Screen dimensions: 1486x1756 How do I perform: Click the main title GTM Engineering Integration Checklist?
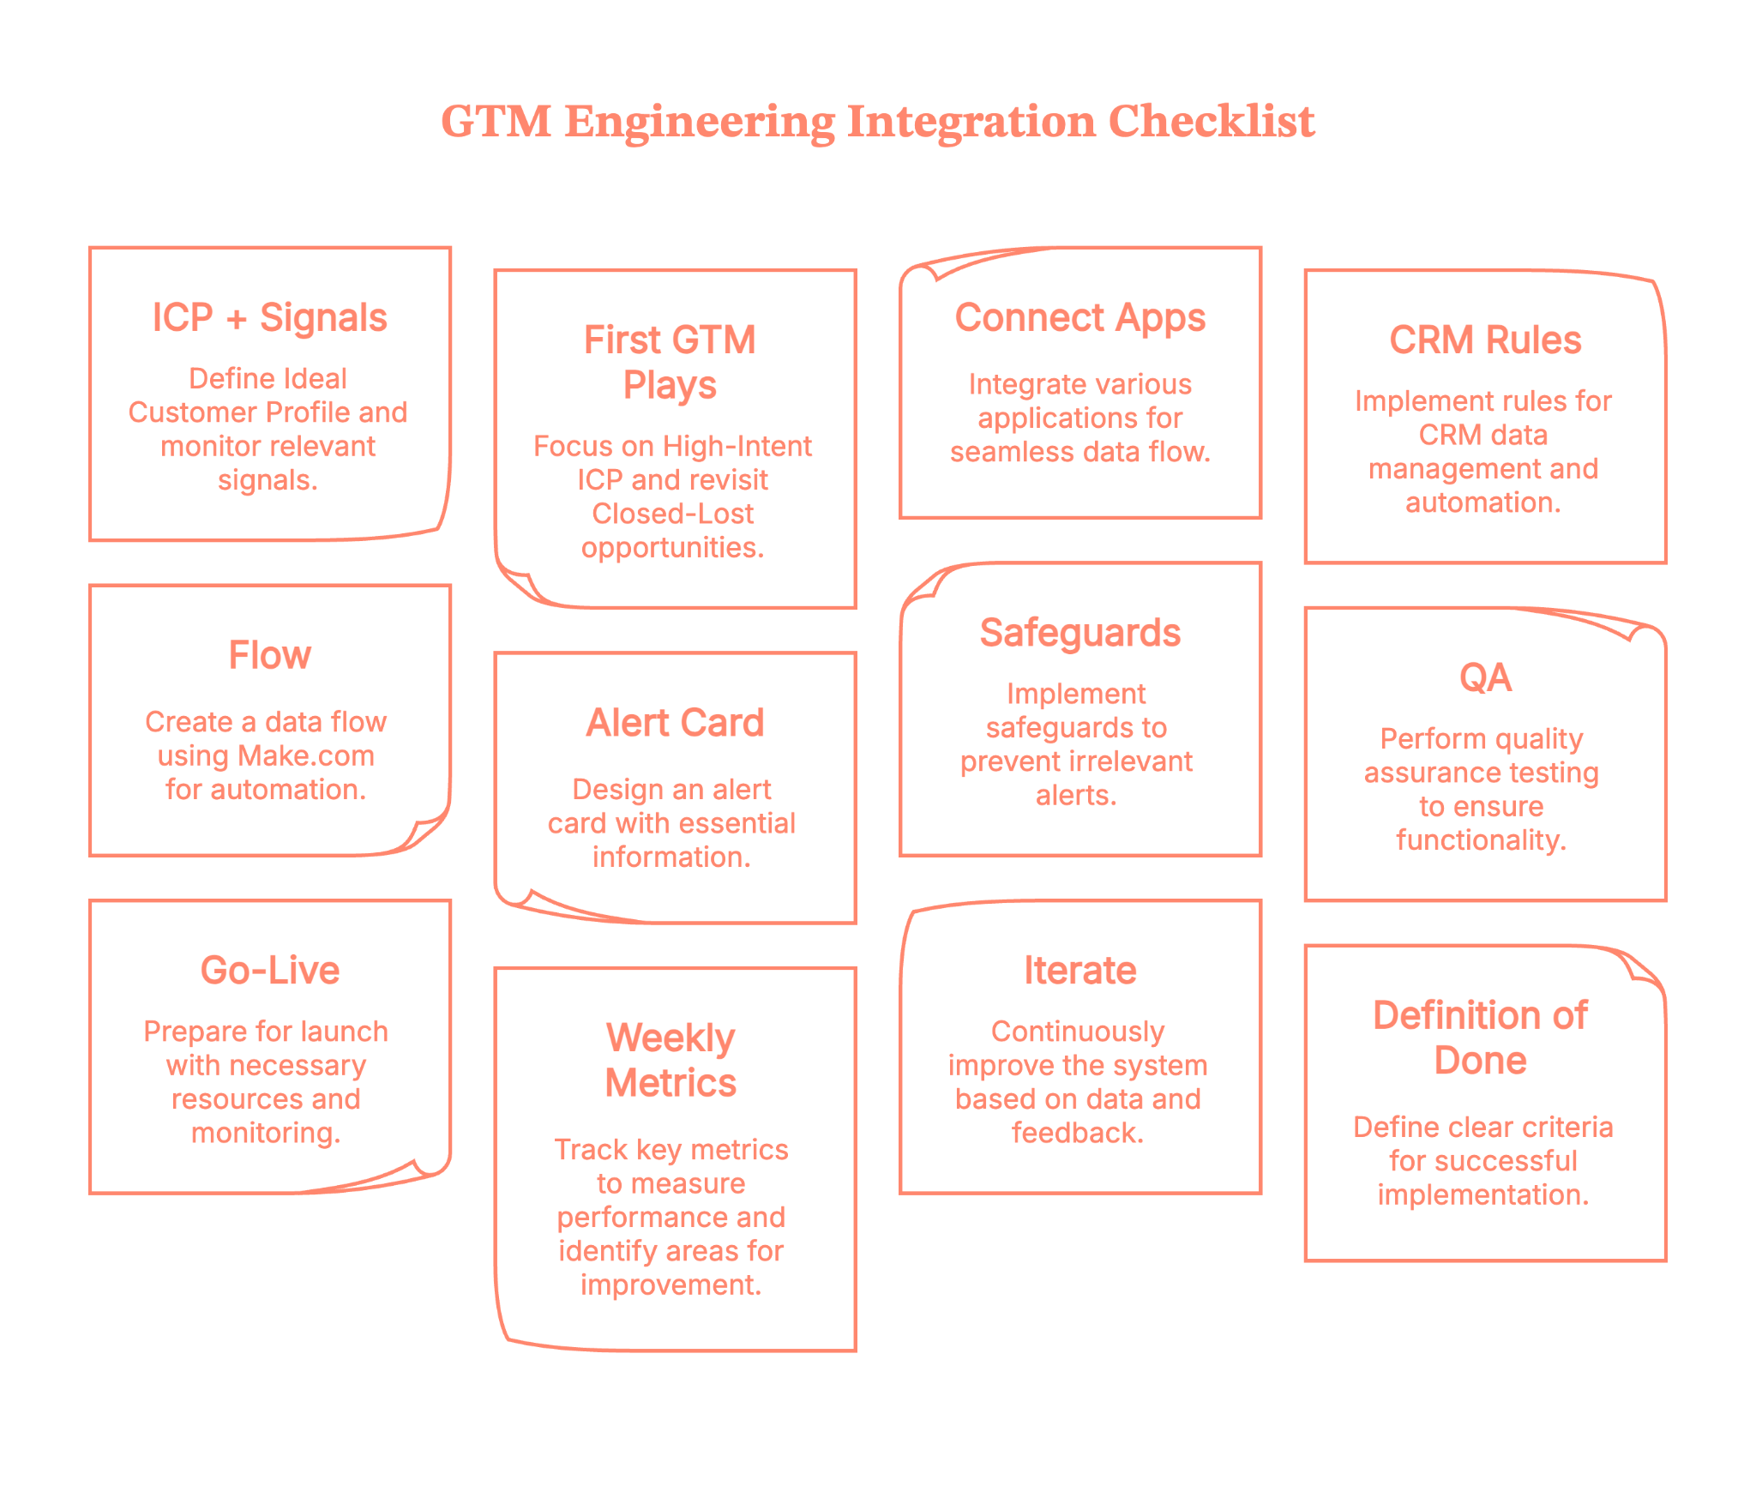(877, 121)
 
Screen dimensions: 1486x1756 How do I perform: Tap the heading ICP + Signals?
(269, 318)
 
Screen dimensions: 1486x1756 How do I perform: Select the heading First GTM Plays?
(670, 362)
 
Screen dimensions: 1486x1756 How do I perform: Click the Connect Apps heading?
(1079, 318)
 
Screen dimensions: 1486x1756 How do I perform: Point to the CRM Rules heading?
(1484, 340)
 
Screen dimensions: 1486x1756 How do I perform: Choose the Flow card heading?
(269, 656)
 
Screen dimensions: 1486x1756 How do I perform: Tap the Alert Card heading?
(675, 724)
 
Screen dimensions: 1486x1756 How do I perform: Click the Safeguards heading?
(1079, 634)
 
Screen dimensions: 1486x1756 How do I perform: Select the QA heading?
(1484, 678)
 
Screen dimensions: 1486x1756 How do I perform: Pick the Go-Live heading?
(269, 971)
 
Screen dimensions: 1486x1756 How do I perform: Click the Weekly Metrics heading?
(670, 1061)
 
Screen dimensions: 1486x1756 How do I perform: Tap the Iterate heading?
(1079, 971)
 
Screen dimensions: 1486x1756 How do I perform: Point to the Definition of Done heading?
(1480, 1038)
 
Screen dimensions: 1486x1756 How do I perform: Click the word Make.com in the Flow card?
(306, 756)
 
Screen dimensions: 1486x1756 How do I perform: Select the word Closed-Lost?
(672, 514)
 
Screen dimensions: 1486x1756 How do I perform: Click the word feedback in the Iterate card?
(1077, 1134)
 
